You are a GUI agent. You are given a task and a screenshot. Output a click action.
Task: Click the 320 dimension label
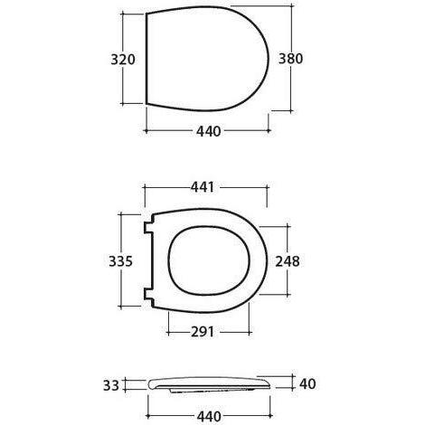click(x=122, y=61)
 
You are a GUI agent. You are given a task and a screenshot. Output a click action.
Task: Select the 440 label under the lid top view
click(x=208, y=130)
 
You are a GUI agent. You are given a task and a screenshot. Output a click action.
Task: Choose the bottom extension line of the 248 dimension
click(x=276, y=296)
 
